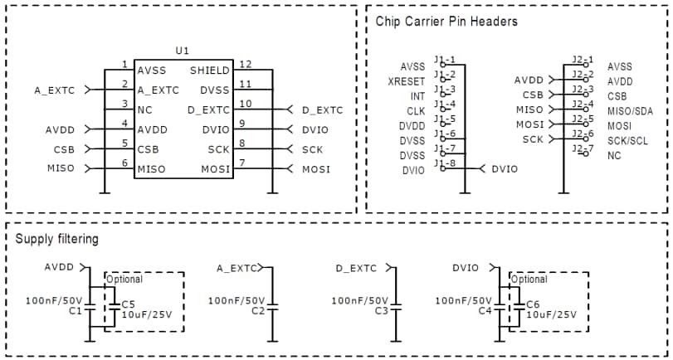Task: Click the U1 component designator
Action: (x=183, y=51)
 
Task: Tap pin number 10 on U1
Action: (x=245, y=103)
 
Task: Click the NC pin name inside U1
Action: (x=145, y=109)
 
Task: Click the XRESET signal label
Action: (x=406, y=81)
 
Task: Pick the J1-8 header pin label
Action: (x=445, y=163)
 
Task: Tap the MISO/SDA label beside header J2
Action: (x=631, y=111)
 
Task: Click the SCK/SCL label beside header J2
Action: (x=629, y=141)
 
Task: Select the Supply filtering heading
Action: (x=56, y=240)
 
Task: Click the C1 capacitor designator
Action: (x=75, y=310)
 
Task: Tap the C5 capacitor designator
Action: (x=128, y=304)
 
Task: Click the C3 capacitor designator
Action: (x=382, y=310)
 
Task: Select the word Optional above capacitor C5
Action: (x=124, y=280)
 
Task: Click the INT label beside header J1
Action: (x=417, y=96)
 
